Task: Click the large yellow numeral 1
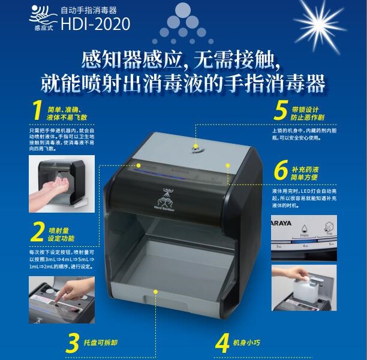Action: pyautogui.click(x=38, y=112)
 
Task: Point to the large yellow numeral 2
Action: pyautogui.click(x=39, y=232)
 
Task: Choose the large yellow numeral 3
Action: pyautogui.click(x=74, y=343)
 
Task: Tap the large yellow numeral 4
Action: pyautogui.click(x=222, y=343)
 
